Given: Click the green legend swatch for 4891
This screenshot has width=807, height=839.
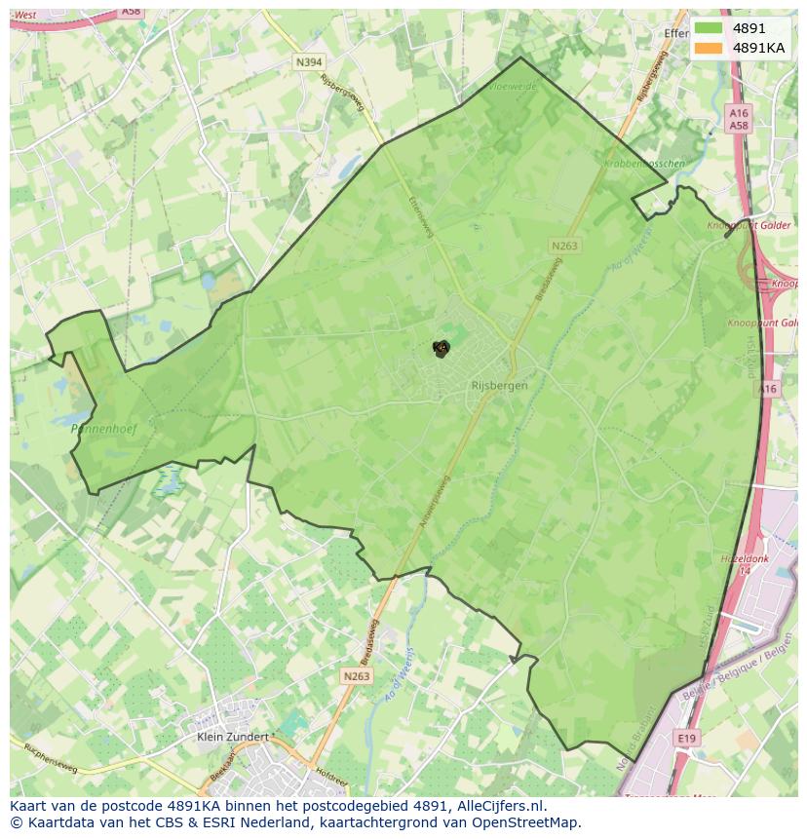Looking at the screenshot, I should click(709, 28).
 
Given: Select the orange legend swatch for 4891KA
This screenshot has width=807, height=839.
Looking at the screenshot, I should click(709, 48).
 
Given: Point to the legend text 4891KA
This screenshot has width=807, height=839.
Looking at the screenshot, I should click(758, 48).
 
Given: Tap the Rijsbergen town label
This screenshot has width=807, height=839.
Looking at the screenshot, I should click(499, 386).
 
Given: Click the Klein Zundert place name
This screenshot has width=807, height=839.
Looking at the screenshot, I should click(232, 737).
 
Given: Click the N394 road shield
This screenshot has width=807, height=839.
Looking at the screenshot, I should click(309, 62).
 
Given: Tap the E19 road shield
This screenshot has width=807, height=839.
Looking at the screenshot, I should click(686, 739).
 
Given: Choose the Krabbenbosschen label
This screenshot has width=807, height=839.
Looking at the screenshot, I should click(644, 164).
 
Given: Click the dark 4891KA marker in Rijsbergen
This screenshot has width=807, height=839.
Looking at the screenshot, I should click(442, 348).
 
